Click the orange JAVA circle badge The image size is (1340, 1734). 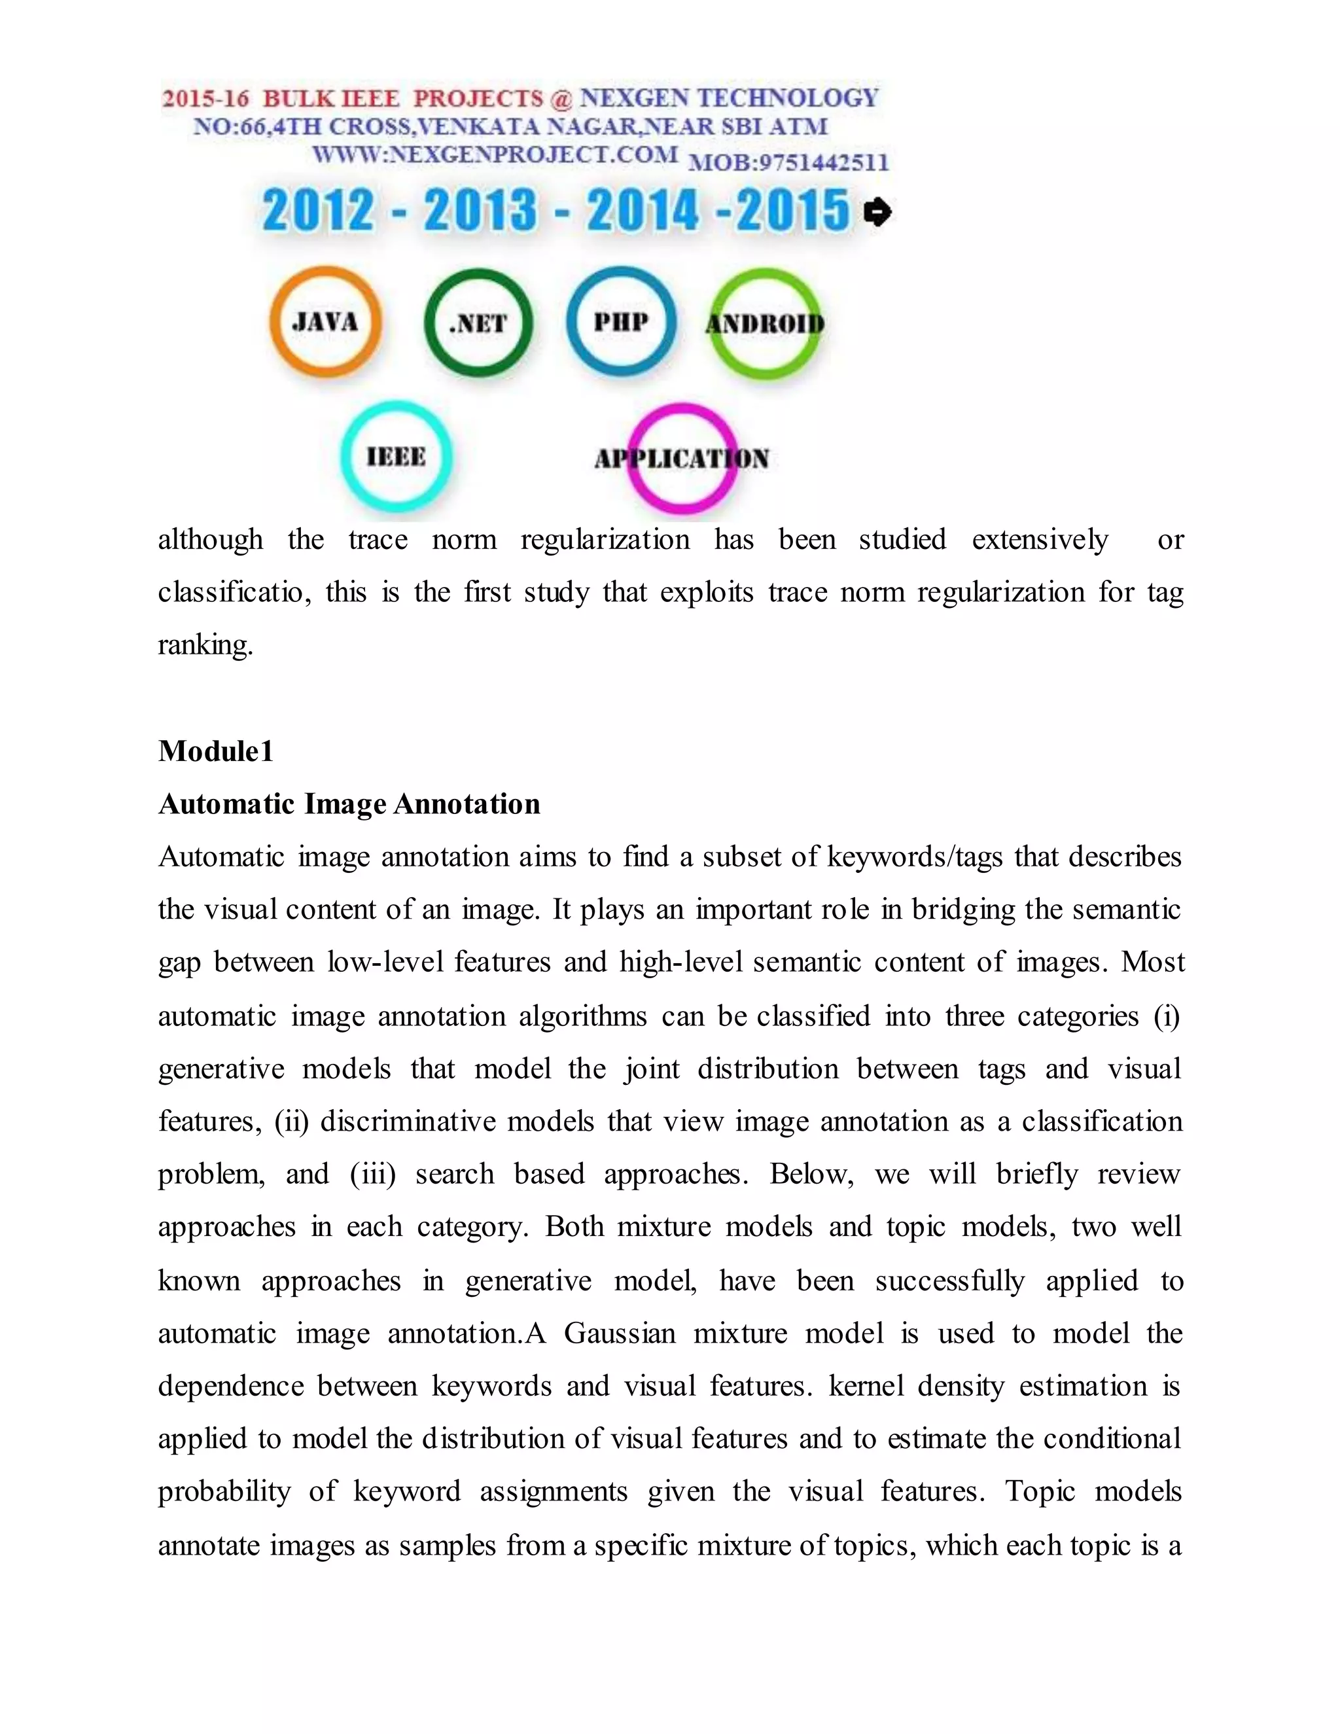click(x=325, y=321)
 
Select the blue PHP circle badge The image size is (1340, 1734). click(x=621, y=321)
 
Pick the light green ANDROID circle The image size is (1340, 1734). click(x=764, y=323)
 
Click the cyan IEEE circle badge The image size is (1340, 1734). click(x=396, y=457)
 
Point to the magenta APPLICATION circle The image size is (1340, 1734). click(x=682, y=459)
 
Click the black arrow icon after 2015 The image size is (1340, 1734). click(x=877, y=212)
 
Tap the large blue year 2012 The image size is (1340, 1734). click(x=317, y=211)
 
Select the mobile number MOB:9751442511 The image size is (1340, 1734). click(x=788, y=163)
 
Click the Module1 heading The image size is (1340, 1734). click(x=216, y=751)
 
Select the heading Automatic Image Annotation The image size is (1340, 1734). click(x=349, y=804)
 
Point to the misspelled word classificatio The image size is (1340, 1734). click(x=230, y=592)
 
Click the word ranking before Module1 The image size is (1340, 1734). click(x=205, y=645)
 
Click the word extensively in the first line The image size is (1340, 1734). click(x=1040, y=540)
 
